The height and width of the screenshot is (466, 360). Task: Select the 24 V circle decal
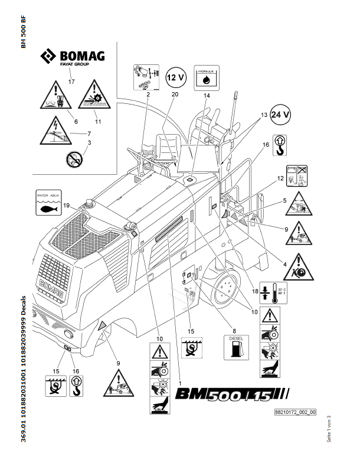[x=280, y=115]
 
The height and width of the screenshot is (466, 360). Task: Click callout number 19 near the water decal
[x=67, y=205]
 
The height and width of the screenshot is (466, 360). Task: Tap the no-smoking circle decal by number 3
[x=73, y=158]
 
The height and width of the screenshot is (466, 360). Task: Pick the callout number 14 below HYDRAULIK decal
[x=206, y=95]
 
